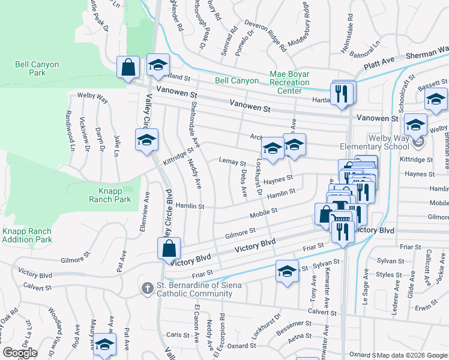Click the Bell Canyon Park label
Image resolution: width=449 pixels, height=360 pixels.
[x=30, y=68]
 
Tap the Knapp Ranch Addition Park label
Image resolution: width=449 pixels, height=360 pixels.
[x=26, y=235]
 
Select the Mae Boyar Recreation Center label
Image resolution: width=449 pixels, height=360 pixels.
[x=289, y=83]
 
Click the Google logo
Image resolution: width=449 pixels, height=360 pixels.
[x=20, y=353]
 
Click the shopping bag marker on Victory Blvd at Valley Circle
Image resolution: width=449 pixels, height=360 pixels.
[x=170, y=247]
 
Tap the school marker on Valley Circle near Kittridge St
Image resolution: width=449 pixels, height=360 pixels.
[x=146, y=140]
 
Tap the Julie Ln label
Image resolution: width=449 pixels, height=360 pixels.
[x=115, y=145]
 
